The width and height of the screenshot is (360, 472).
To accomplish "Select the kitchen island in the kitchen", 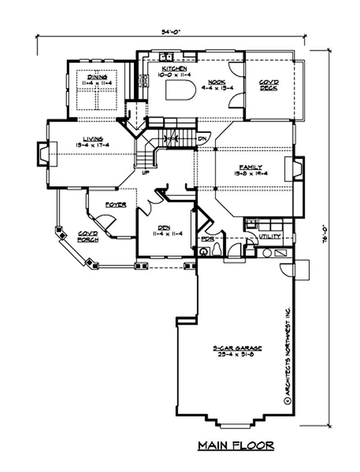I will click(x=180, y=91).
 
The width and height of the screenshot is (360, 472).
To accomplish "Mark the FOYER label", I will click(x=115, y=205).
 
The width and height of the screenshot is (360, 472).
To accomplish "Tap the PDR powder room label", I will click(x=207, y=238).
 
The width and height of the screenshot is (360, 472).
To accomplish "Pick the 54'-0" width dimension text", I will click(x=171, y=32).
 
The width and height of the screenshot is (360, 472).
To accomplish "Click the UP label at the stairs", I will click(x=145, y=172).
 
